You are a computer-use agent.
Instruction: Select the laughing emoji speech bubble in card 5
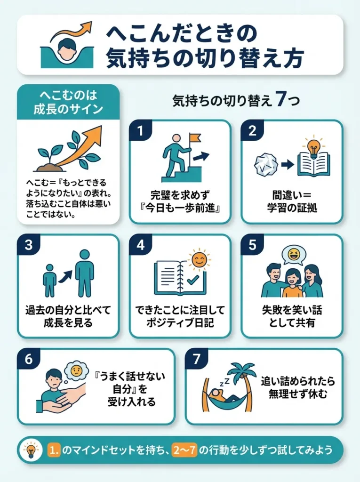pyautogui.click(x=294, y=256)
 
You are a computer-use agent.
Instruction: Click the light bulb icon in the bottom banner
pyautogui.click(x=32, y=450)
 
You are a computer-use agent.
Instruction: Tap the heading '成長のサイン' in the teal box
pyautogui.click(x=68, y=109)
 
